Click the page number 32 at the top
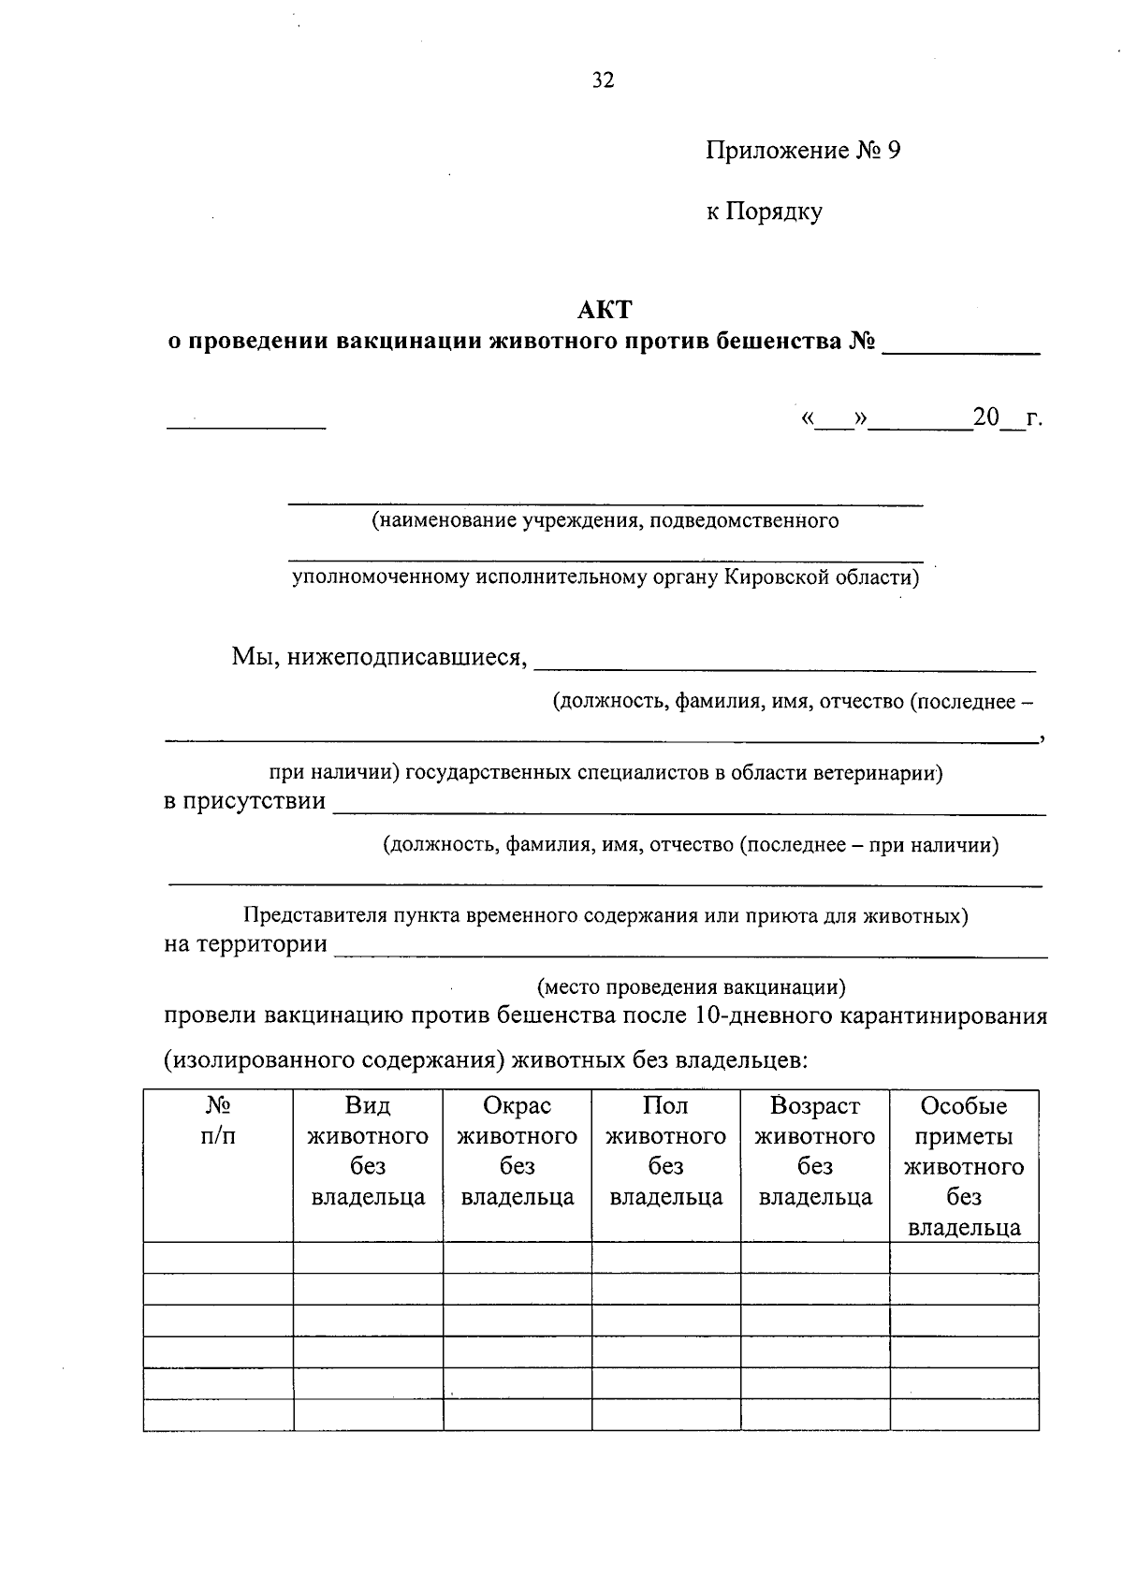coord(604,80)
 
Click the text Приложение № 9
coord(802,151)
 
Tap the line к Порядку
coord(764,212)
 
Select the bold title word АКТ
coord(605,309)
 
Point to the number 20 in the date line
coord(986,417)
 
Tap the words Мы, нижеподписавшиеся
coord(379,657)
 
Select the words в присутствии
coord(245,801)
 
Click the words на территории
coord(245,944)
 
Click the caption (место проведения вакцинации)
coord(692,986)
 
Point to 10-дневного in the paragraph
coord(755,1016)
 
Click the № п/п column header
coord(218,1120)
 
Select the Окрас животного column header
coord(517,1151)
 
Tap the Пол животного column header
coord(665,1151)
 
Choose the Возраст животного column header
coord(814,1151)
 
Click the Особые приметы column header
coord(964,1166)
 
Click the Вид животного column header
coord(368,1151)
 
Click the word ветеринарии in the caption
coord(877,773)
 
